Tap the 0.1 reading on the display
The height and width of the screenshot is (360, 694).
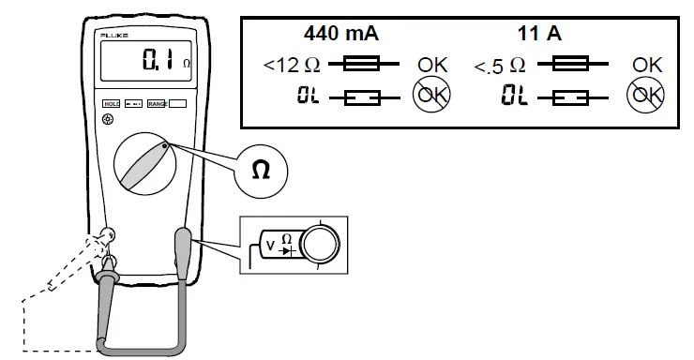[157, 64]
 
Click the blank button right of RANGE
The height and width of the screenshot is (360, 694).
[176, 107]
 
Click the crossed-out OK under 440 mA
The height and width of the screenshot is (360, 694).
[432, 95]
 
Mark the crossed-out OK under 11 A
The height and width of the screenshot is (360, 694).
[647, 95]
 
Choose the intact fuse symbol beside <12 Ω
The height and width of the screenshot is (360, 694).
[360, 65]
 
